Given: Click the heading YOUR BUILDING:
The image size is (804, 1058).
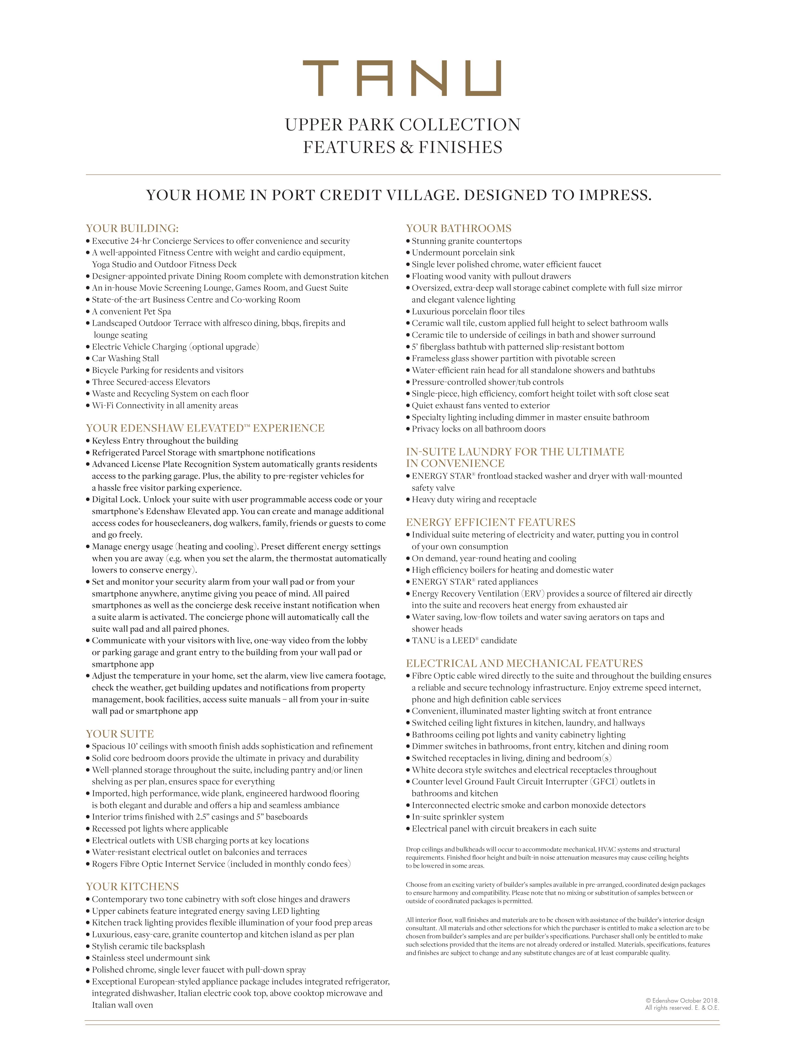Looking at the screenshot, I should (x=132, y=228).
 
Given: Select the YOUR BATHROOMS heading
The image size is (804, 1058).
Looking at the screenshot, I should (x=458, y=228).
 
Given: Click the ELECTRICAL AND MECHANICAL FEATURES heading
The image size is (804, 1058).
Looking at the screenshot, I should (x=524, y=663).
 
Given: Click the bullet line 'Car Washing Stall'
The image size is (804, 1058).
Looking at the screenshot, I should (x=125, y=358).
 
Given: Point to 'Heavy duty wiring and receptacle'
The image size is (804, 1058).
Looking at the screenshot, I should (x=474, y=500).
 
